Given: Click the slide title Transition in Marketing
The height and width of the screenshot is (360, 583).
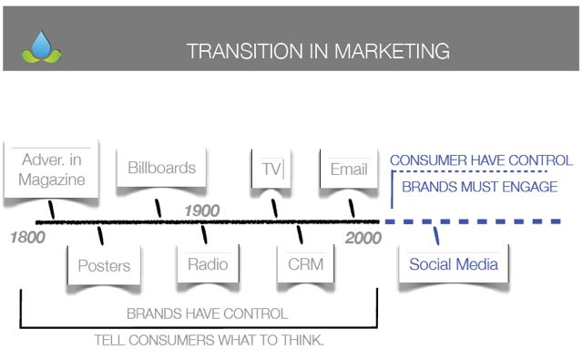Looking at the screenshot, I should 317,51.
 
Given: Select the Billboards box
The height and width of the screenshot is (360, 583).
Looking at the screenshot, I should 161,169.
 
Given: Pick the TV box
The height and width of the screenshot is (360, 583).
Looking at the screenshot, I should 271,170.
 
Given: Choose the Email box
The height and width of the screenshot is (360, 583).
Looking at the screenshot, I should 349,170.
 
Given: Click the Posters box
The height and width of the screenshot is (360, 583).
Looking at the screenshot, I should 104,266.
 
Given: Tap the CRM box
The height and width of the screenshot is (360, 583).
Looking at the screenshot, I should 305,265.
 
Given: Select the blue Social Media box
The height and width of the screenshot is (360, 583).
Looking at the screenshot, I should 453,265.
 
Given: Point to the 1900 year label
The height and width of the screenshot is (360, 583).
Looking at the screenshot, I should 201,211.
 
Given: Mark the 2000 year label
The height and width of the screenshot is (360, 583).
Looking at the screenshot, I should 363,239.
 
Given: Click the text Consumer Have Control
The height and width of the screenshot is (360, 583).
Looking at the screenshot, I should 481,160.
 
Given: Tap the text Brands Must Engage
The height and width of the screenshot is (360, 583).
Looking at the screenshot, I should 479,187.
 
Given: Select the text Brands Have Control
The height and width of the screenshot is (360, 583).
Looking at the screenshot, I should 207,314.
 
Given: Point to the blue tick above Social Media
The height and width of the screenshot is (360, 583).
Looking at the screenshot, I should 436,235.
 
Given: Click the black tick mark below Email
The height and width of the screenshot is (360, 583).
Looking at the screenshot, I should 352,209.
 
